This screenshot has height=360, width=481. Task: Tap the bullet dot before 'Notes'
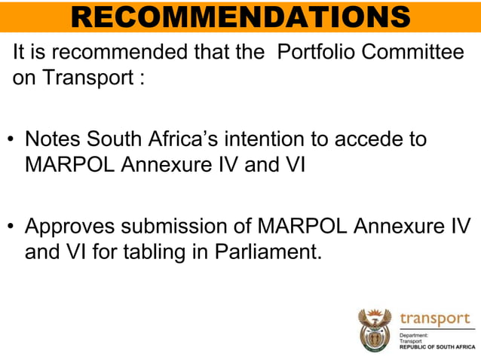(x=11, y=141)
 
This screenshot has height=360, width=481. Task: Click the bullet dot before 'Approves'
(x=11, y=227)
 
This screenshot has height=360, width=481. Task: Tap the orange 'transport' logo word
(x=434, y=318)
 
